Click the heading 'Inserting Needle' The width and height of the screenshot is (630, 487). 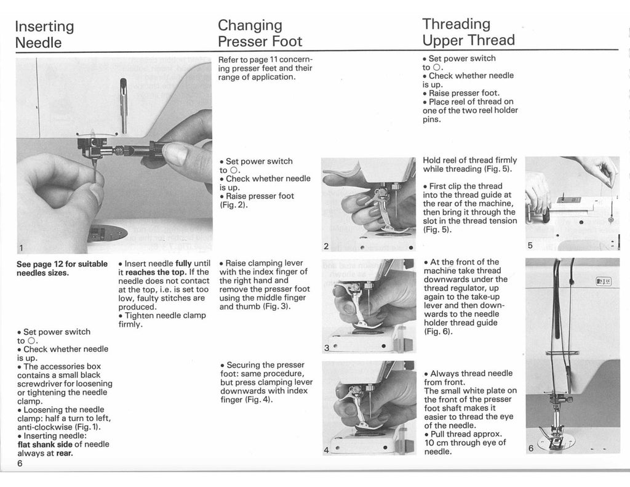click(44, 34)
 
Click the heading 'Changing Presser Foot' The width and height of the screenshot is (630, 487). click(260, 34)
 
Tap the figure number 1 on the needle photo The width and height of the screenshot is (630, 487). click(21, 248)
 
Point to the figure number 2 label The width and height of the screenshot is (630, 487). click(326, 247)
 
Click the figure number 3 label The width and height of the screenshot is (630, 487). click(326, 347)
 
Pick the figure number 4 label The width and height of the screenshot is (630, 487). click(326, 450)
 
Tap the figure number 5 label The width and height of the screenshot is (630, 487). click(530, 245)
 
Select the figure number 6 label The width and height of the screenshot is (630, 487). click(531, 448)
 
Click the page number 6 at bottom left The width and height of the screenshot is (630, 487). click(20, 464)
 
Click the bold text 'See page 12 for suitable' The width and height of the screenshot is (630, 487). click(62, 264)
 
